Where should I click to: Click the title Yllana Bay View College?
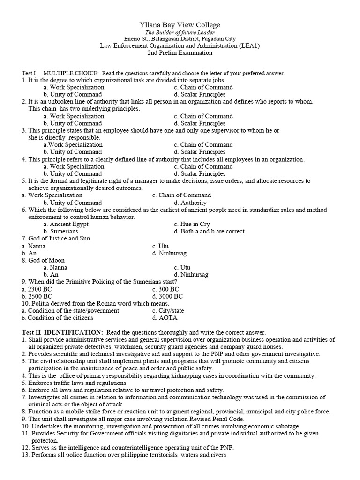(x=180, y=25)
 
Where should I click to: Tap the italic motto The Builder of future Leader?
(x=180, y=32)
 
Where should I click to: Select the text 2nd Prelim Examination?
(x=180, y=53)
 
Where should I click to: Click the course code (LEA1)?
(x=248, y=46)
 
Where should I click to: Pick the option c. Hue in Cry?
(x=192, y=224)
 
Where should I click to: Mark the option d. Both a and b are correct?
(x=209, y=231)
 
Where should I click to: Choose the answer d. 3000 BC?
(x=167, y=296)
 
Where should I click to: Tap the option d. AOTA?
(x=163, y=318)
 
